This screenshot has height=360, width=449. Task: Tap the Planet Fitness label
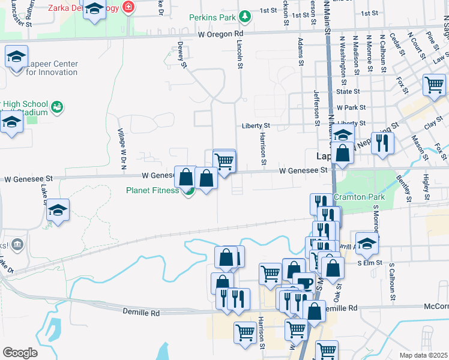pyautogui.click(x=152, y=191)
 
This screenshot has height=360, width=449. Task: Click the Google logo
pyautogui.click(x=20, y=353)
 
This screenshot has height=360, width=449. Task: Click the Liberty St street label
pyautogui.click(x=256, y=126)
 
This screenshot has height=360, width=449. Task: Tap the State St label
pyautogui.click(x=348, y=92)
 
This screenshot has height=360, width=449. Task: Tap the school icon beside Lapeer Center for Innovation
pyautogui.click(x=16, y=58)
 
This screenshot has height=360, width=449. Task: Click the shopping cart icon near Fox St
pyautogui.click(x=434, y=84)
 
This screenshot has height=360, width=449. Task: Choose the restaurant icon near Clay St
pyautogui.click(x=382, y=142)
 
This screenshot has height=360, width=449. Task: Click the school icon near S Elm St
pyautogui.click(x=367, y=244)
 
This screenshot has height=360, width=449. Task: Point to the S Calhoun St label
pyautogui.click(x=393, y=281)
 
